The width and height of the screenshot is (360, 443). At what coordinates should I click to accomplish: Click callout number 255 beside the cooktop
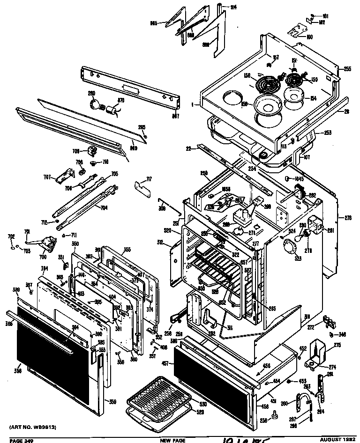(347, 69)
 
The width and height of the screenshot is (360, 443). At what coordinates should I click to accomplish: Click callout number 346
(342, 334)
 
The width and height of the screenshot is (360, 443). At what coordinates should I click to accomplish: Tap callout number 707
(47, 177)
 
